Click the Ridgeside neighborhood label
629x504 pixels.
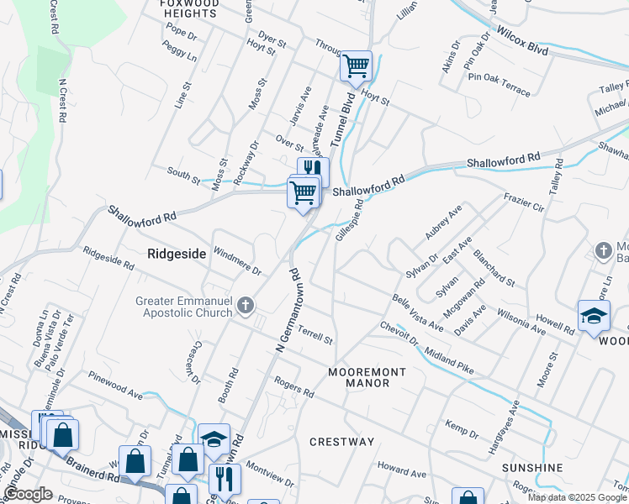coord(177,253)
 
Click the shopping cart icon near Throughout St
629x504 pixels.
coord(356,65)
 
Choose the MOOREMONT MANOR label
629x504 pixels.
coord(367,377)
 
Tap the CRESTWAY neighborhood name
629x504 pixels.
coord(341,442)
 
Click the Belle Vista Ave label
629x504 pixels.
coord(417,312)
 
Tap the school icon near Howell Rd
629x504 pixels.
coord(594,316)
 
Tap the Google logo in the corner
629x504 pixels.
coord(29,495)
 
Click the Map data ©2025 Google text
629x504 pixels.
coord(576,497)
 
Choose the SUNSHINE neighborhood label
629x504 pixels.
coord(531,467)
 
